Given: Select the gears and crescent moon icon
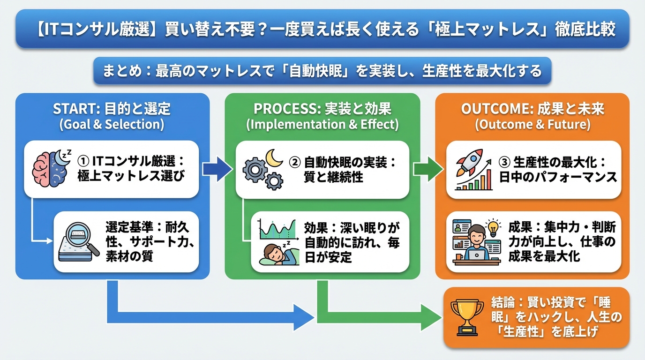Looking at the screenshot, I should pyautogui.click(x=263, y=168).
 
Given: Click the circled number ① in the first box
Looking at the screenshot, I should pyautogui.click(x=83, y=162).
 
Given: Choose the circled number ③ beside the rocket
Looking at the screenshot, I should pyautogui.click(x=504, y=162).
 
